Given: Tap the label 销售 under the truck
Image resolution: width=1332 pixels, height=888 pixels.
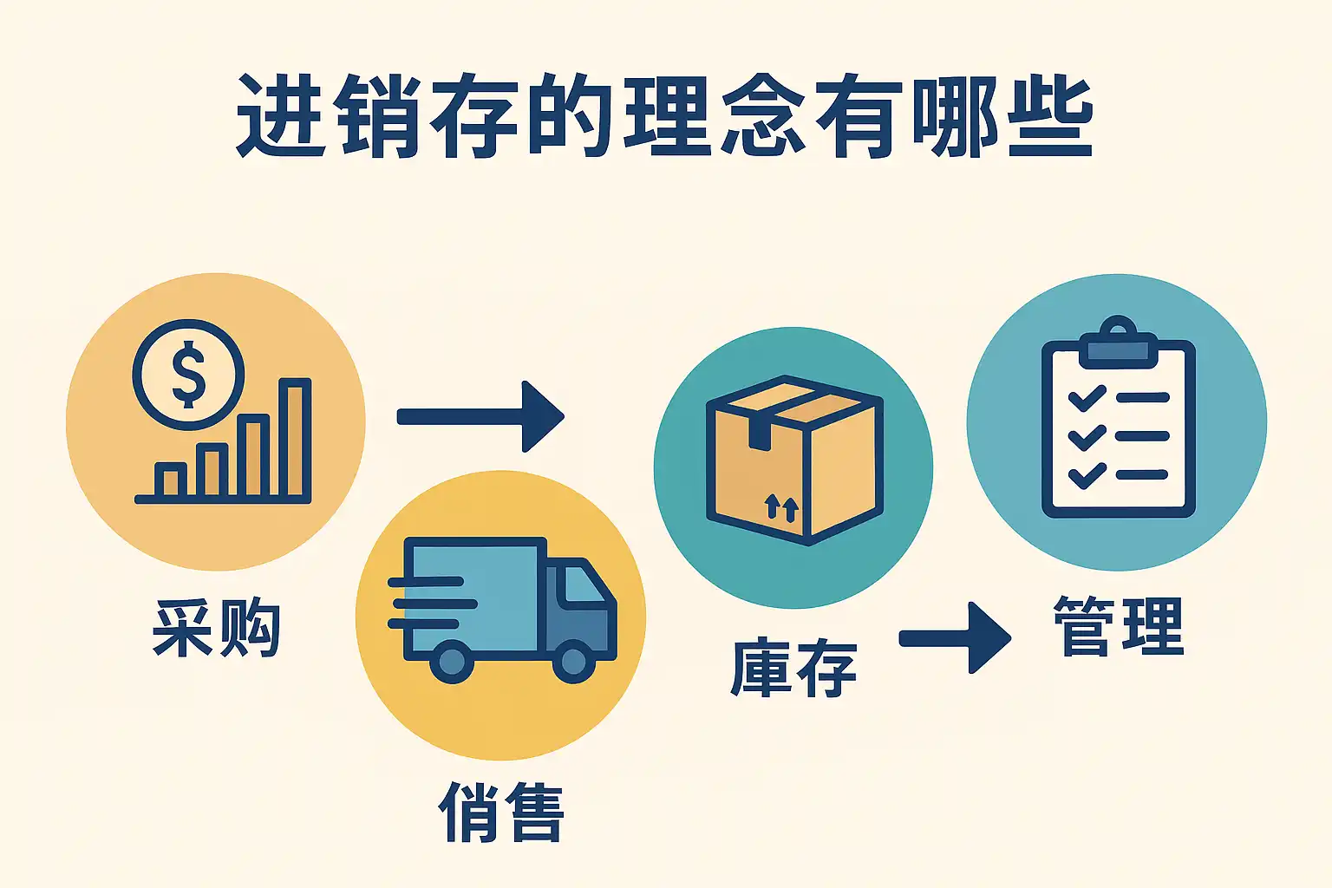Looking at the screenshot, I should (x=501, y=812).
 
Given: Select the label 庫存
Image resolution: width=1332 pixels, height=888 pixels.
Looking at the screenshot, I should (x=793, y=668).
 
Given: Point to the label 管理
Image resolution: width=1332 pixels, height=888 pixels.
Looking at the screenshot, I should (x=1119, y=626).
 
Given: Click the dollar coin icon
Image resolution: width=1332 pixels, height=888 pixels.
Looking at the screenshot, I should (x=188, y=375).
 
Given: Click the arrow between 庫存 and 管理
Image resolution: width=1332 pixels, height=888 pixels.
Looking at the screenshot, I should (x=955, y=638).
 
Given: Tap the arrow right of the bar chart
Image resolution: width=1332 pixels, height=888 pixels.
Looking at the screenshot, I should (x=480, y=417).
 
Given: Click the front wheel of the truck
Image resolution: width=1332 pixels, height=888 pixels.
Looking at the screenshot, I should (x=573, y=661).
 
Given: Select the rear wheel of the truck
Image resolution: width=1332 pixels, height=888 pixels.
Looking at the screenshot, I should (x=451, y=661).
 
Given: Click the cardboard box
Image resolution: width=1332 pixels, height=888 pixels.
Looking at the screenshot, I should (x=793, y=460).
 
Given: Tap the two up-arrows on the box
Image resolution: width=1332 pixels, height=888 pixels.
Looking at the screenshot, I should (x=781, y=507).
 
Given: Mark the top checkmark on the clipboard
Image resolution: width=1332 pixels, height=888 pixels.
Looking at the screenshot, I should (x=1087, y=398).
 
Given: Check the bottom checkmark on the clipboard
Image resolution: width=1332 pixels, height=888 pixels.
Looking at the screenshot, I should (x=1087, y=475).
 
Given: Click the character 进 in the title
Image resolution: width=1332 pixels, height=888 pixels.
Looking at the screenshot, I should (x=280, y=117).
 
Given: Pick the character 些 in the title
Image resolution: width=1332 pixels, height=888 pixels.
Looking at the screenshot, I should (x=1050, y=117).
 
